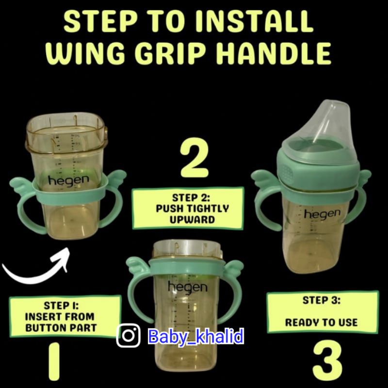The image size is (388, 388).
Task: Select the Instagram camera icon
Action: (x=129, y=335)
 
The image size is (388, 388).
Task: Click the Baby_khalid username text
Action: (x=196, y=336)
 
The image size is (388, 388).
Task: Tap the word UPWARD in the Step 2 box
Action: (x=192, y=220)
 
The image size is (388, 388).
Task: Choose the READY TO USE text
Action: (x=321, y=323)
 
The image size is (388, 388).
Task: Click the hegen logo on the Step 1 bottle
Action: (x=68, y=180)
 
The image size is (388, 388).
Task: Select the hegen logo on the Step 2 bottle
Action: (x=188, y=287)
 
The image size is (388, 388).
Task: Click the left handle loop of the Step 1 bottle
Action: (x=23, y=213)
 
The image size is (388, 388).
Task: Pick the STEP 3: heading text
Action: (x=322, y=300)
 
